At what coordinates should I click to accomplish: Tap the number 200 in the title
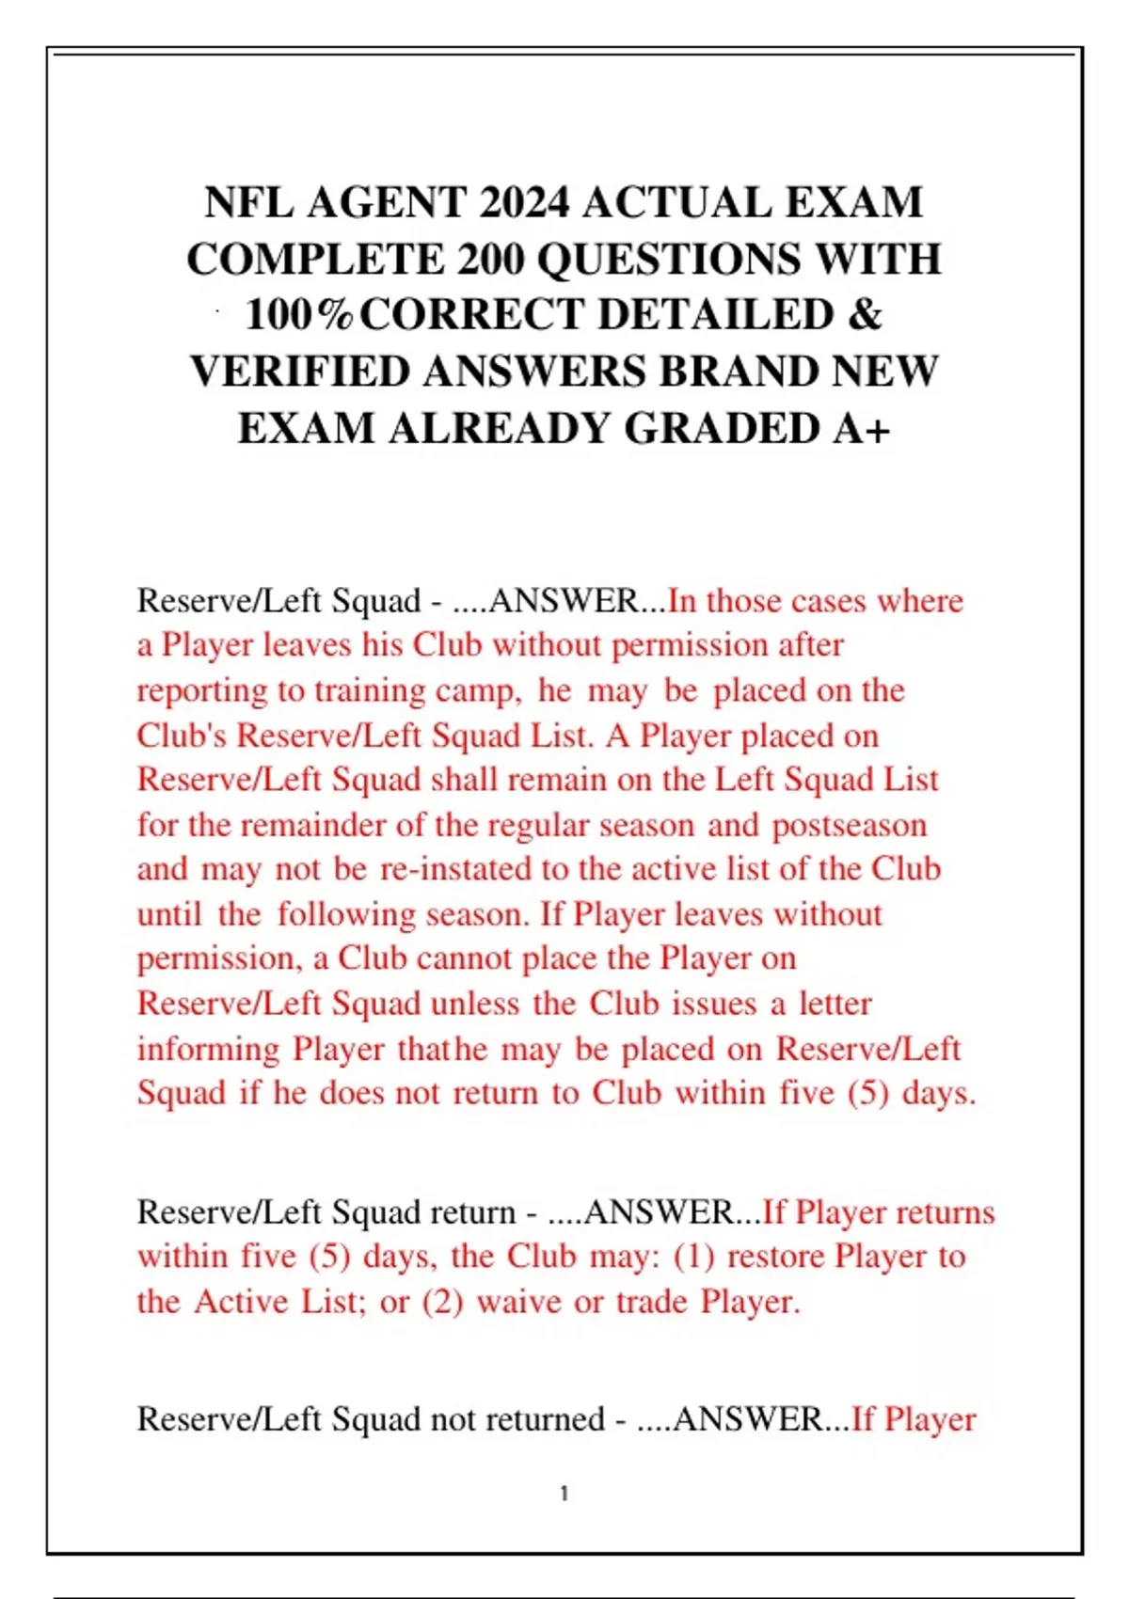point(491,259)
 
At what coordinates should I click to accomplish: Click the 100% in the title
point(299,315)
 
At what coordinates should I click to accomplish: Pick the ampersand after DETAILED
point(865,315)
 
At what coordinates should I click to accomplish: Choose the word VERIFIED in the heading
point(300,372)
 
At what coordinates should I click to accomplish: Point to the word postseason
point(850,825)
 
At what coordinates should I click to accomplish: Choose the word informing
point(207,1049)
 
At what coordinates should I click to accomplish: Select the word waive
point(520,1302)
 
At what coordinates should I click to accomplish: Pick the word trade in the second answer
point(652,1302)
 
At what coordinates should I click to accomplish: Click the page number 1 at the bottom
point(564,1493)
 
